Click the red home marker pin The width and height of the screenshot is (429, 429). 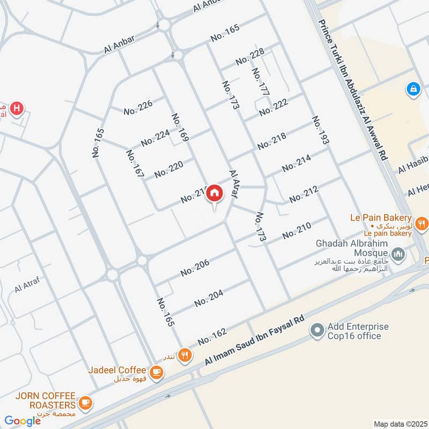(x=215, y=193)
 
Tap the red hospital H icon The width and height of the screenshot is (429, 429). (x=18, y=108)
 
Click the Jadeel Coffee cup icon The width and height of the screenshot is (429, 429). (x=156, y=371)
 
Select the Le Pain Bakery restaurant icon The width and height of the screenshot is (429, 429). (x=421, y=222)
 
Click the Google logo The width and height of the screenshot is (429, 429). (x=23, y=421)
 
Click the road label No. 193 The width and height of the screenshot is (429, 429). (x=320, y=130)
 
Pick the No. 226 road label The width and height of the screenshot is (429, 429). (x=138, y=107)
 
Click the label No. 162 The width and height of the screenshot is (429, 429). (x=211, y=336)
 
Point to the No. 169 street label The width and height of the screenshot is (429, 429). (x=181, y=127)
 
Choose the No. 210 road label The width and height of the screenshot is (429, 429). (x=297, y=231)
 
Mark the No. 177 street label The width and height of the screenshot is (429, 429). (x=260, y=82)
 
